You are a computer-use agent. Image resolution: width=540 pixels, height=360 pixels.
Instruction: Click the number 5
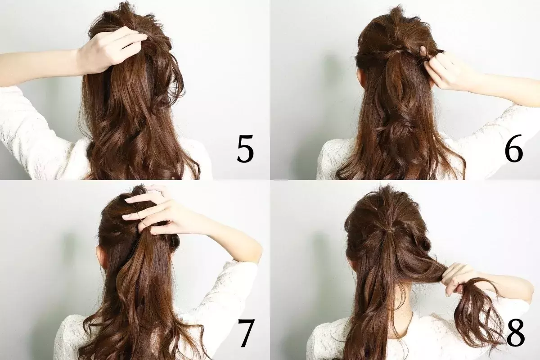click(245, 148)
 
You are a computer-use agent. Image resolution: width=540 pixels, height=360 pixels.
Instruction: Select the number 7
click(246, 333)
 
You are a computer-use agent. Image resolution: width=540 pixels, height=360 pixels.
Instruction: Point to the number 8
click(515, 332)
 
